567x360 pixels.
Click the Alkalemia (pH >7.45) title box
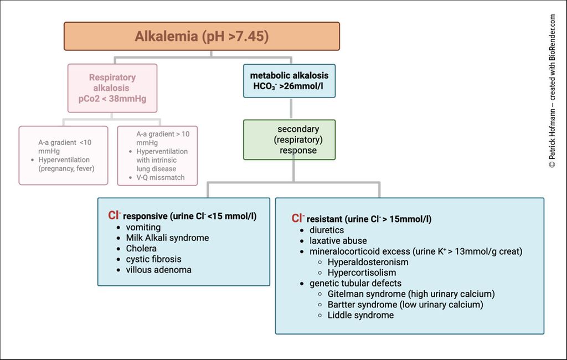[202, 36]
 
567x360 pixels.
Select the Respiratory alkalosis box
[112, 88]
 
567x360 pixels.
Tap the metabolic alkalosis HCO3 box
[289, 80]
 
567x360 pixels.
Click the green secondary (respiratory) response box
[290, 140]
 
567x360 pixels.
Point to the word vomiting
[143, 227]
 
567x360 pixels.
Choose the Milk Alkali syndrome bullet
[167, 238]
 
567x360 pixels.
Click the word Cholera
[141, 248]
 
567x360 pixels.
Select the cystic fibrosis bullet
[153, 259]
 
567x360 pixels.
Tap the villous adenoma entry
[158, 270]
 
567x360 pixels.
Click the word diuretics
[327, 230]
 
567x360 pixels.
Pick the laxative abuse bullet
[338, 241]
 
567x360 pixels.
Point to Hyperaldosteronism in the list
[368, 262]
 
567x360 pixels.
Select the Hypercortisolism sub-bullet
[362, 272]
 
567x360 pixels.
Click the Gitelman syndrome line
[411, 294]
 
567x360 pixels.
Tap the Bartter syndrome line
[405, 305]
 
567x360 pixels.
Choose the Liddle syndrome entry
[360, 315]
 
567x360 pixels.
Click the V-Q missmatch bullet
[161, 178]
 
